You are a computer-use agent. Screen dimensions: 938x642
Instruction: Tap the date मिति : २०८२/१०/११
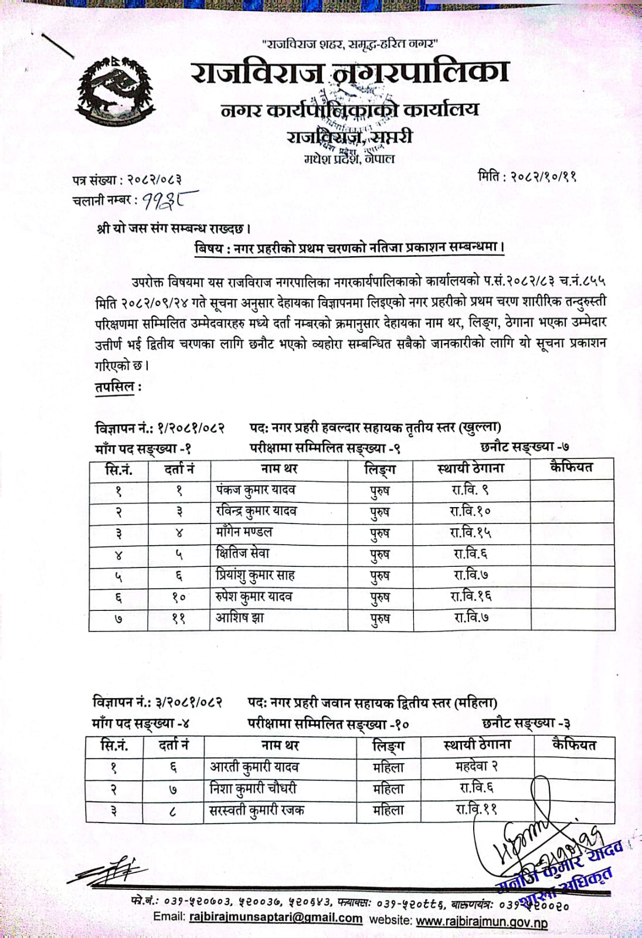tap(527, 175)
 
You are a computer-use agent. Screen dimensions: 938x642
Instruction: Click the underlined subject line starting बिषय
tap(349, 247)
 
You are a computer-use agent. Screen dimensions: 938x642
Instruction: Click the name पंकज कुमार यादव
tap(256, 490)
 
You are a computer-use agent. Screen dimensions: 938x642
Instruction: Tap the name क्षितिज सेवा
tap(242, 553)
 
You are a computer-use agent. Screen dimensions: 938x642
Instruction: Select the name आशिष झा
tap(239, 617)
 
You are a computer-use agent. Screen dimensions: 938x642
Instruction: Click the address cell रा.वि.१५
tap(470, 532)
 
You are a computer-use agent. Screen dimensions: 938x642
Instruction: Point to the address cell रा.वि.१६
tap(470, 596)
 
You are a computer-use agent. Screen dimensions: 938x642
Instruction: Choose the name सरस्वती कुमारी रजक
tap(257, 810)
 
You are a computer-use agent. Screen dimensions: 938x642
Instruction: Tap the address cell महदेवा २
tap(476, 766)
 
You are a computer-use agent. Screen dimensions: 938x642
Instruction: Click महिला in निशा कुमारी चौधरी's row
tap(388, 789)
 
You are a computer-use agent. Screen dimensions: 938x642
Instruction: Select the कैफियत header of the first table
tap(571, 468)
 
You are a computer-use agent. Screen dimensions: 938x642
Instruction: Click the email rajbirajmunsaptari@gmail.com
tap(276, 918)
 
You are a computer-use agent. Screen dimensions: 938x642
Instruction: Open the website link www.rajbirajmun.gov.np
tap(481, 922)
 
